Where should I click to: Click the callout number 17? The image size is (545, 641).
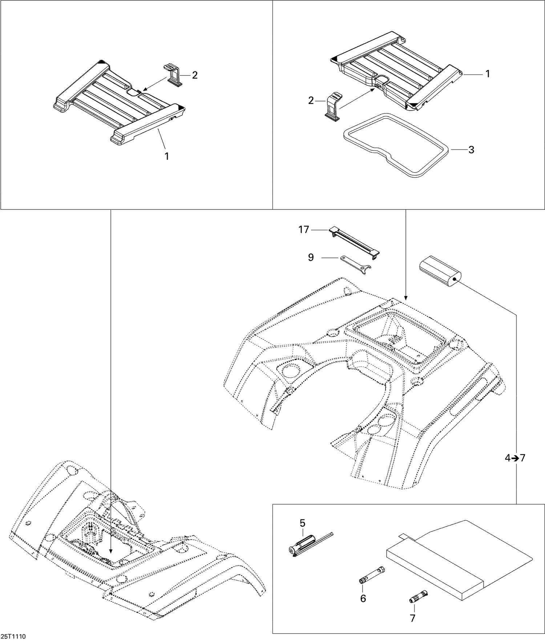[x=303, y=230]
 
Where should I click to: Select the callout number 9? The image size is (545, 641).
[x=311, y=258]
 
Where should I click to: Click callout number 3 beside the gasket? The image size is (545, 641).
[x=471, y=150]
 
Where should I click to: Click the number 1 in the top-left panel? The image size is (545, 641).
[x=167, y=156]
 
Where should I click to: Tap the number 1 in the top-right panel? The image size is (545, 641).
[x=488, y=74]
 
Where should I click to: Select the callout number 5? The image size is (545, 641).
[x=302, y=523]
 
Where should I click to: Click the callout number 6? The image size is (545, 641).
[x=363, y=598]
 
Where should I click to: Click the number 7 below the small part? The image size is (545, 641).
[x=412, y=618]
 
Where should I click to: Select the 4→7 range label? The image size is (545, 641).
[x=515, y=458]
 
